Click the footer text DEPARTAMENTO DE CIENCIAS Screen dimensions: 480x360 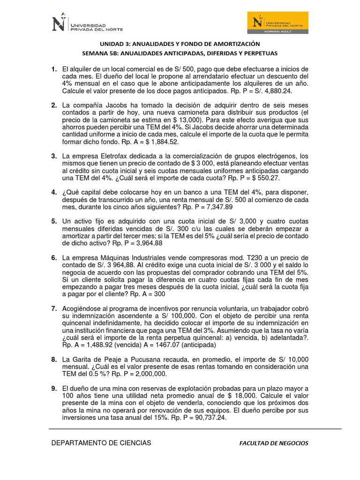pyautogui.click(x=101, y=442)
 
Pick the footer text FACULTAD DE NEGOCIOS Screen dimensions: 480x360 pyautogui.click(x=273, y=443)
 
